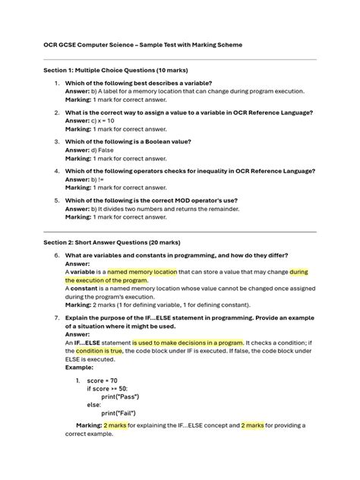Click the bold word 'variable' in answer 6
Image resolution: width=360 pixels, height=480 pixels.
(x=84, y=271)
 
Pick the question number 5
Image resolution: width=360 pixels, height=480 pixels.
(x=56, y=200)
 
